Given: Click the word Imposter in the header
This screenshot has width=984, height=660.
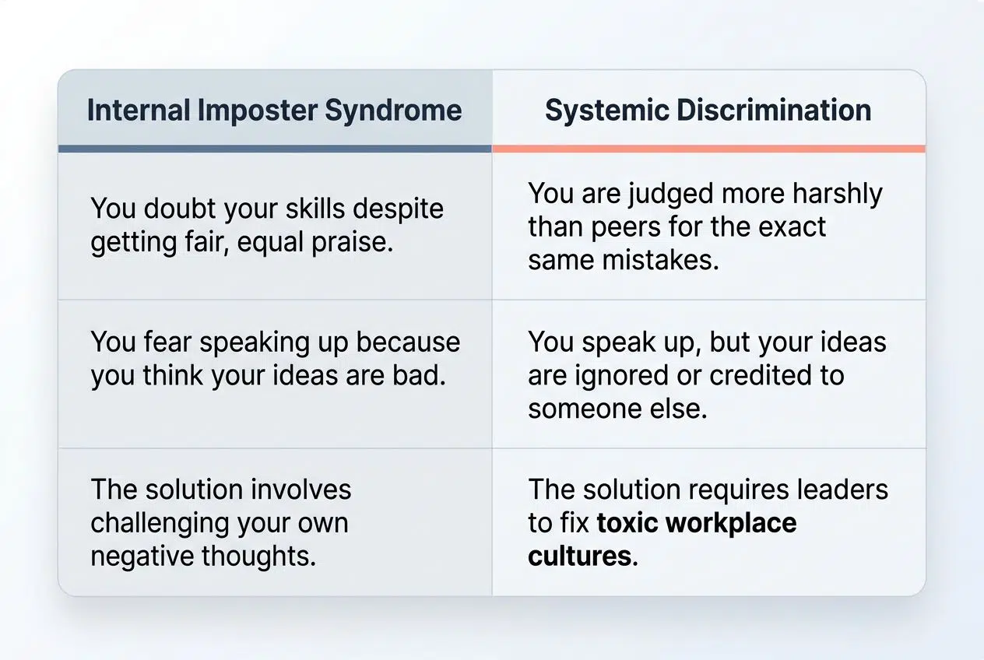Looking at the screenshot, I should click(x=256, y=111).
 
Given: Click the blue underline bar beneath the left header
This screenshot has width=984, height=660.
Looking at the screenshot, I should click(x=275, y=148).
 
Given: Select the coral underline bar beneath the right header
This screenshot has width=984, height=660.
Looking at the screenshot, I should click(x=708, y=148).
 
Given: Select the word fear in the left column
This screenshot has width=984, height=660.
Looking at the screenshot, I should click(x=172, y=342).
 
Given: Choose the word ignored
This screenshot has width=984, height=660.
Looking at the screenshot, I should click(x=626, y=375).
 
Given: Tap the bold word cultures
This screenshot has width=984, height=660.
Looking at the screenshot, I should click(x=579, y=556).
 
